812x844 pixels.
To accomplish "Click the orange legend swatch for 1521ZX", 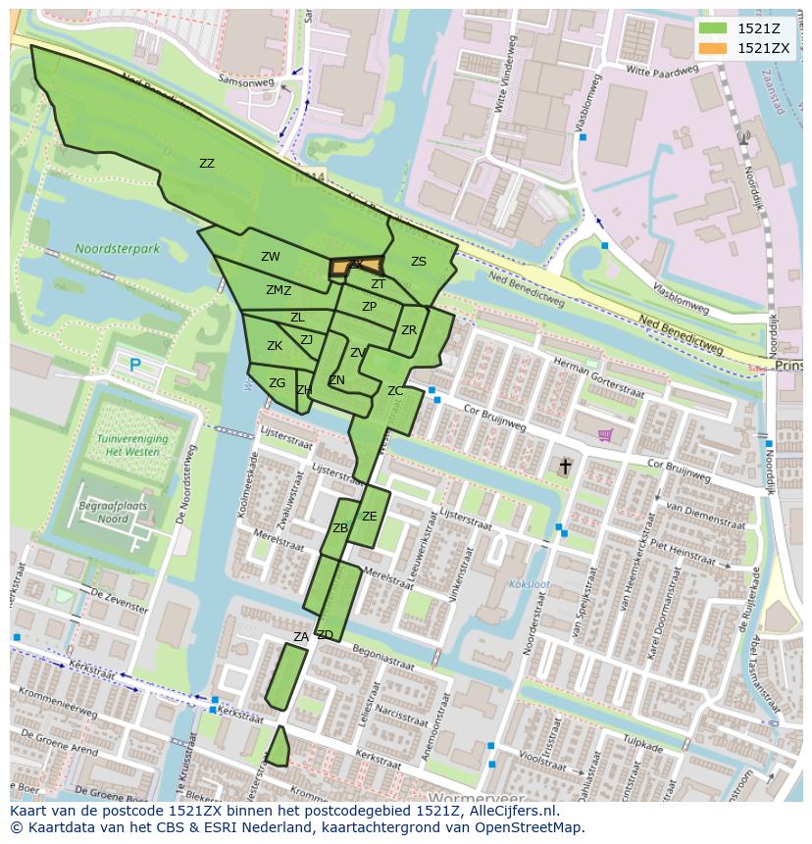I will (713, 48).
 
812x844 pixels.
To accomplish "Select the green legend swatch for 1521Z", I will (713, 28).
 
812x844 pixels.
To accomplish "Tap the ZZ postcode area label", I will (207, 164).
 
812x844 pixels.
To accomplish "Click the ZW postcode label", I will (270, 257).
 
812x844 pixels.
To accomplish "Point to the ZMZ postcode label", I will (279, 290).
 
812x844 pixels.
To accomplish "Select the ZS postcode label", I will (419, 262).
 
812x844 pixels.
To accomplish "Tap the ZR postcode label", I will (409, 330).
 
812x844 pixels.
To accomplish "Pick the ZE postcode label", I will (369, 517).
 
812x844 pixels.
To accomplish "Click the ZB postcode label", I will (340, 528).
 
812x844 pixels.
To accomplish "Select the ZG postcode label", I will (277, 383).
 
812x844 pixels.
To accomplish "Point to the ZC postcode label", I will (395, 391).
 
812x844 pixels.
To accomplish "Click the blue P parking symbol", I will (134, 365).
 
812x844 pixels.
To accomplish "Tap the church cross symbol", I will (565, 468).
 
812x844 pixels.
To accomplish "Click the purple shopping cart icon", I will (606, 434).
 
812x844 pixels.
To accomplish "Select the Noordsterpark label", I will (117, 249).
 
